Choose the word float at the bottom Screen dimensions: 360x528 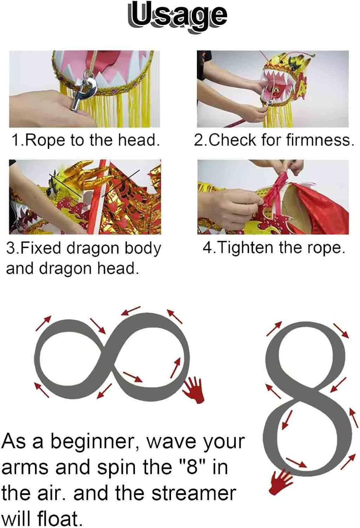click(60, 518)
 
